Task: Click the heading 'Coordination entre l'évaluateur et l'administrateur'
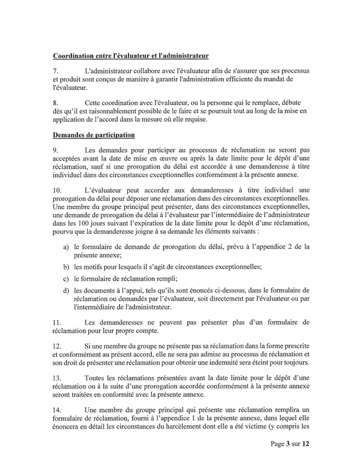pyautogui.click(x=131, y=56)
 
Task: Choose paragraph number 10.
pyautogui.click(x=57, y=190)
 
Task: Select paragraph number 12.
pyautogui.click(x=57, y=346)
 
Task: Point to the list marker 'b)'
pyautogui.click(x=66, y=267)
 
